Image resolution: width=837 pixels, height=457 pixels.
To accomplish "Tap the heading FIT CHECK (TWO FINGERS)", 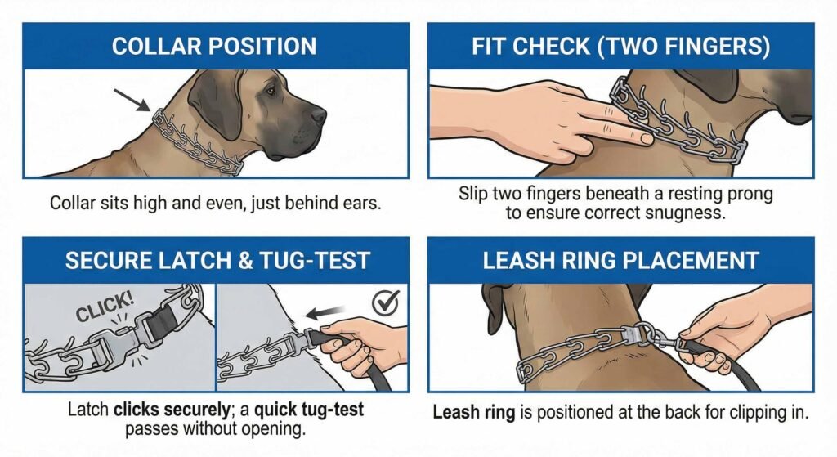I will tap(620, 46).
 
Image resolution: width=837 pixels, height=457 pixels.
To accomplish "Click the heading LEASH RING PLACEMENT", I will tap(620, 261).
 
